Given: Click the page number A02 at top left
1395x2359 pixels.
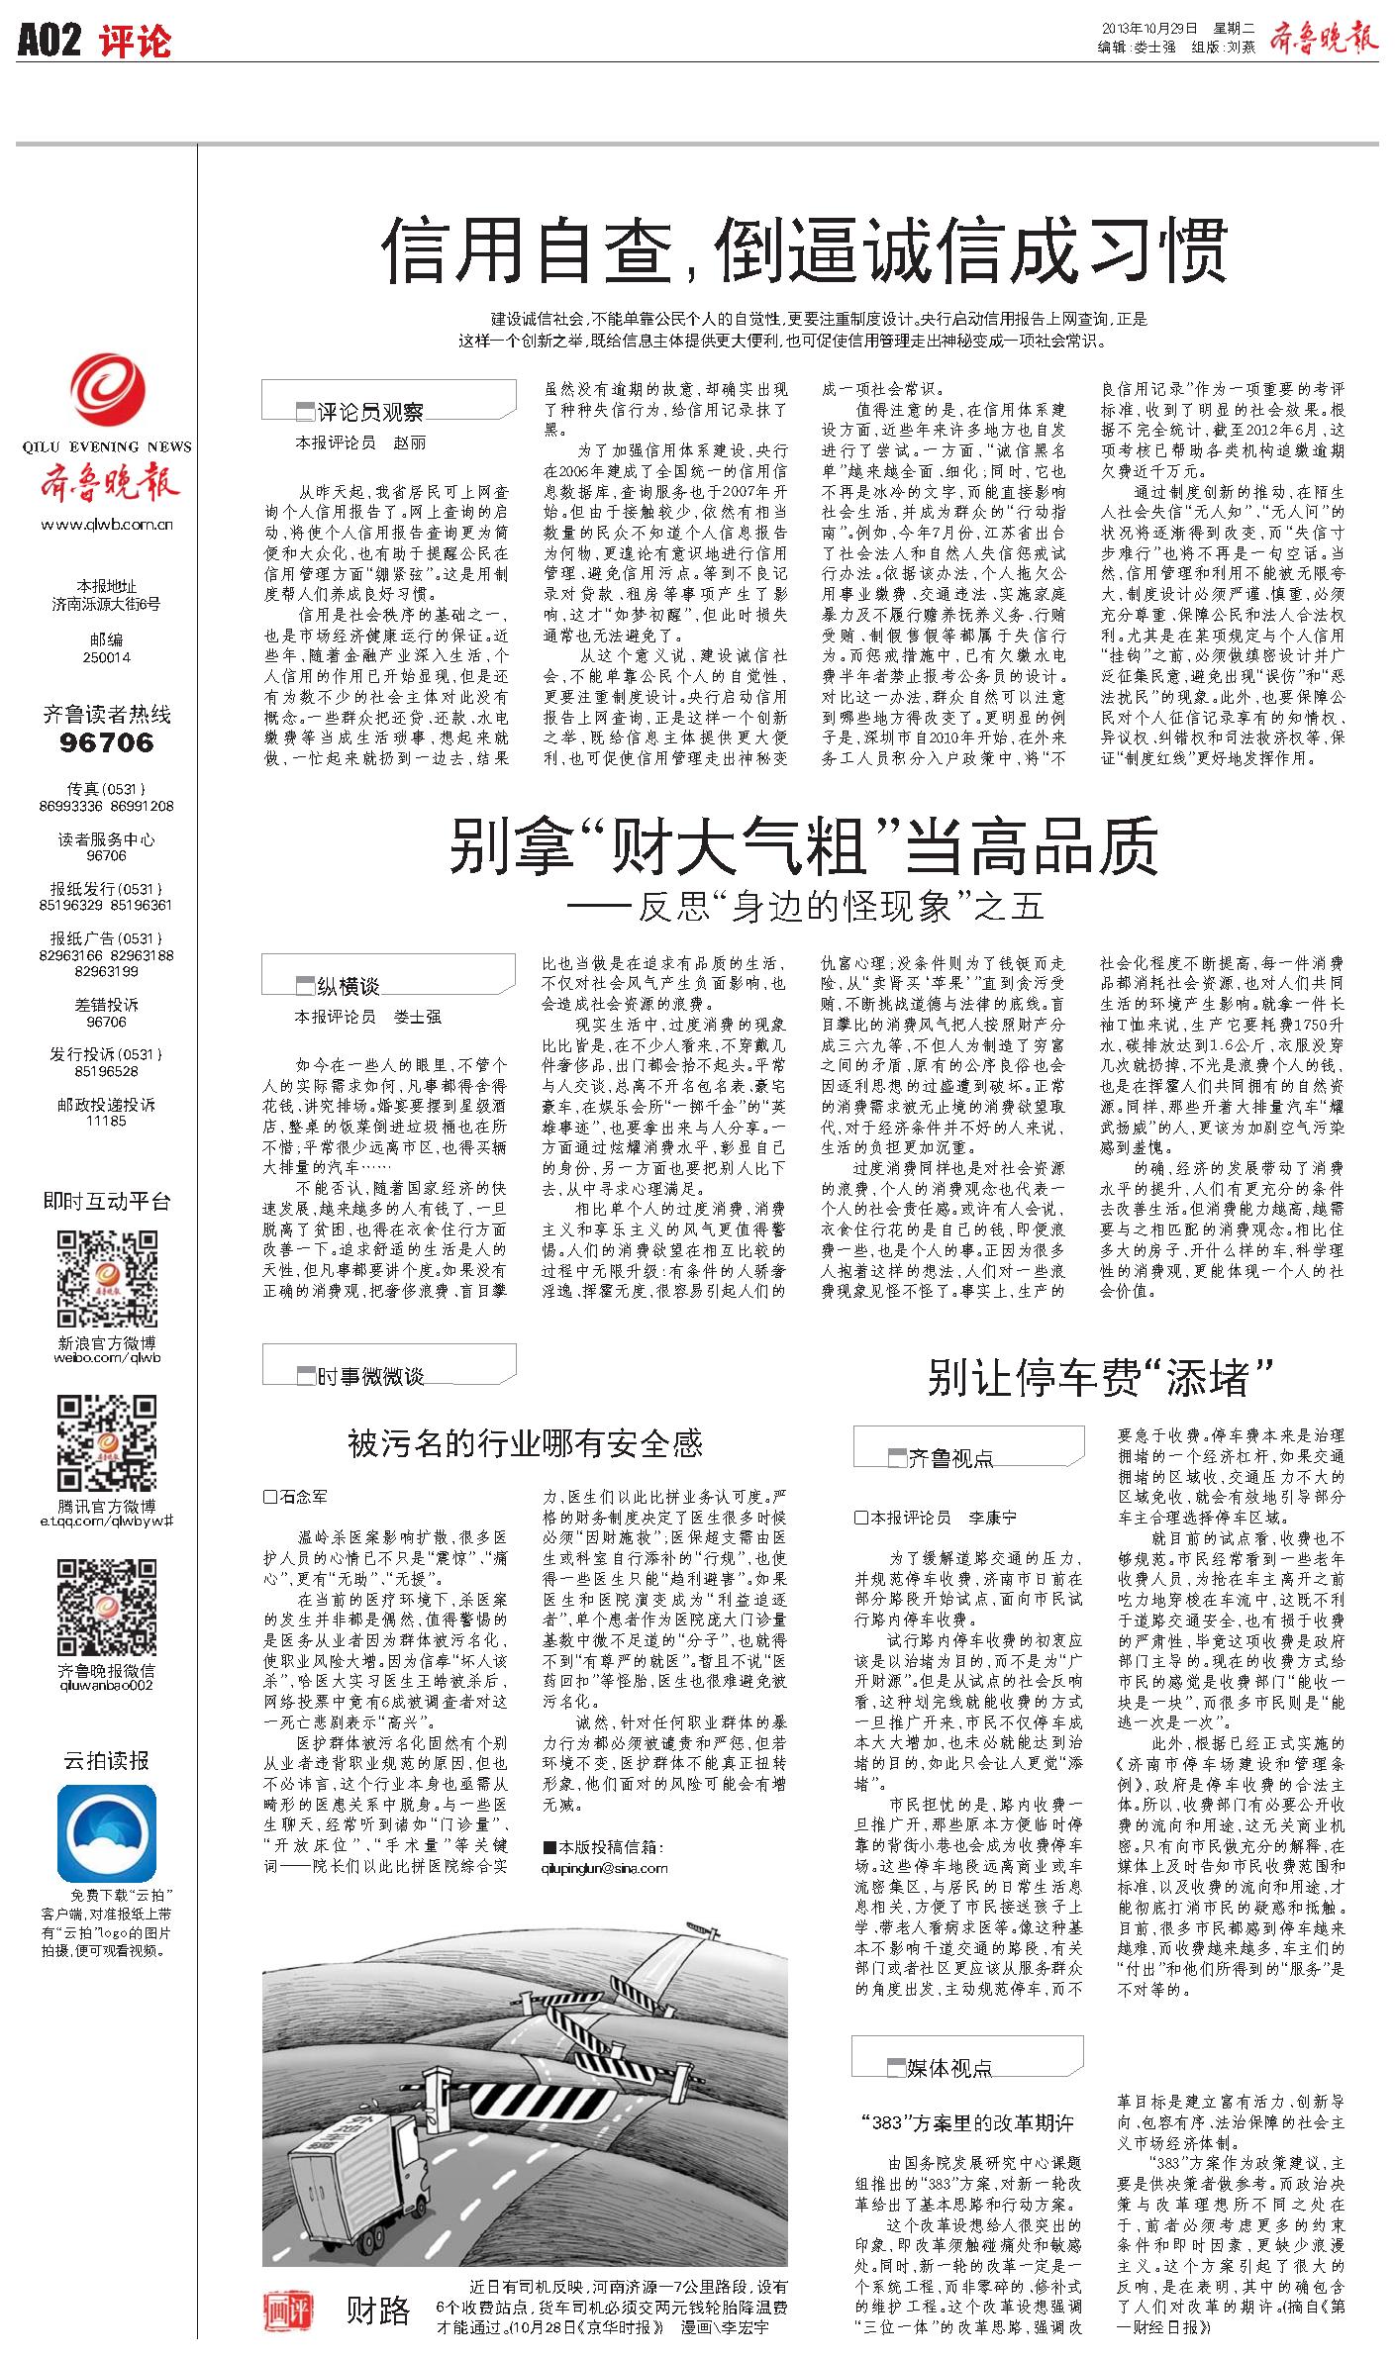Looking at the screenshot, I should (x=49, y=42).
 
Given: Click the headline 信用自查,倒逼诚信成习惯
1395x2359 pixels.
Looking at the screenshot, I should (x=804, y=250).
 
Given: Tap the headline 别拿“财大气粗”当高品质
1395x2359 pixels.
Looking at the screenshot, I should (x=803, y=847).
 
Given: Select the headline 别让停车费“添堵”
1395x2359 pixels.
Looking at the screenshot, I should (x=1099, y=1378).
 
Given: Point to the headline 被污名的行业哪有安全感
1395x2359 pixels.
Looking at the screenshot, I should (x=525, y=1443).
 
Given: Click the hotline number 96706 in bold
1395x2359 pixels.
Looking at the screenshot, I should (x=107, y=742).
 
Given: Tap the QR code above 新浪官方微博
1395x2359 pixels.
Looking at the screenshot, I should (x=107, y=1280).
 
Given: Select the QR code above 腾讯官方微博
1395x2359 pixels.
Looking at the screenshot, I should (x=107, y=1444).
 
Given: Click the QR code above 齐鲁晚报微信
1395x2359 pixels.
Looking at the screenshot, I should (x=107, y=1609).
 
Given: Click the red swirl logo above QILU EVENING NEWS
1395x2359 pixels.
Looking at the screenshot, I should (x=107, y=394).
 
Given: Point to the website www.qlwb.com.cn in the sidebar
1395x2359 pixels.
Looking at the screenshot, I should (x=107, y=526).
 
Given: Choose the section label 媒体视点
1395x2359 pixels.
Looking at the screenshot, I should (x=948, y=2068).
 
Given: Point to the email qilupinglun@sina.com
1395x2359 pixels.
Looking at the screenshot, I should (x=605, y=1868).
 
